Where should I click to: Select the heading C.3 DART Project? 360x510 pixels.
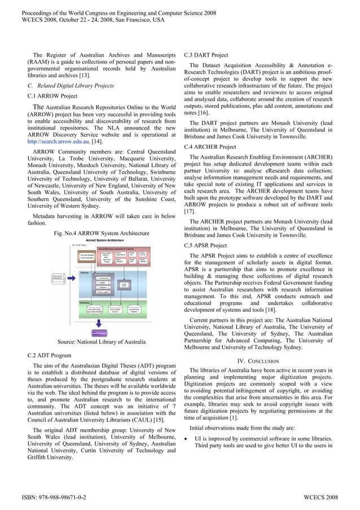click(206, 55)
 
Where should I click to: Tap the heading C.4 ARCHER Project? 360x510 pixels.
click(210, 147)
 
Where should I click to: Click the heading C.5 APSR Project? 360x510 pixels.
click(205, 246)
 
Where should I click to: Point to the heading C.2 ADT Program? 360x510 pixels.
click(49, 356)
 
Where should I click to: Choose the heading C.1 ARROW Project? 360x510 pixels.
click(52, 96)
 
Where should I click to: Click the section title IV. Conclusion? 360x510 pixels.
click(258, 361)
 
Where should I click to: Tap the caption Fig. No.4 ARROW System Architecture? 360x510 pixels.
click(102, 233)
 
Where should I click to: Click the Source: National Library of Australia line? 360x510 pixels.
click(102, 342)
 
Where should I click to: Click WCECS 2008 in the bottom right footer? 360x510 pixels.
click(321, 497)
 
